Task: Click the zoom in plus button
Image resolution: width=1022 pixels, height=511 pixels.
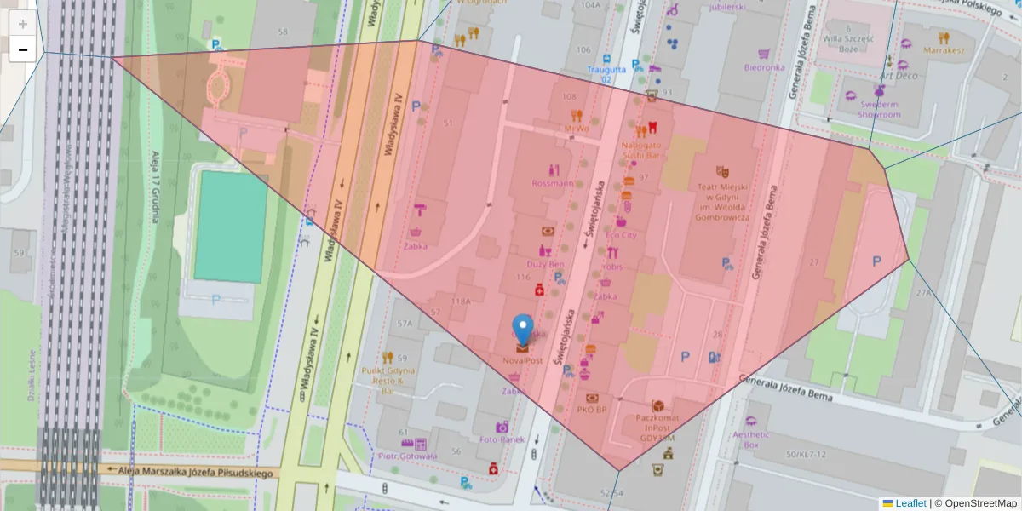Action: click(x=23, y=24)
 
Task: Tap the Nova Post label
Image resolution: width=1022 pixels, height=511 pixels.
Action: click(x=522, y=361)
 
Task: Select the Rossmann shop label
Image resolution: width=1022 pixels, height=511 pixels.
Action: click(x=552, y=183)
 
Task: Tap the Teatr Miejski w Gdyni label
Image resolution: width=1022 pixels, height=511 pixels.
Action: click(x=722, y=201)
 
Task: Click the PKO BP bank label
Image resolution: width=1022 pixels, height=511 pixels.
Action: click(x=591, y=410)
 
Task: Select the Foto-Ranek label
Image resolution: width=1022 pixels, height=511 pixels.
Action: click(x=502, y=440)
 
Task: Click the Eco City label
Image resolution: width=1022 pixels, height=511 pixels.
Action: click(x=621, y=235)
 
